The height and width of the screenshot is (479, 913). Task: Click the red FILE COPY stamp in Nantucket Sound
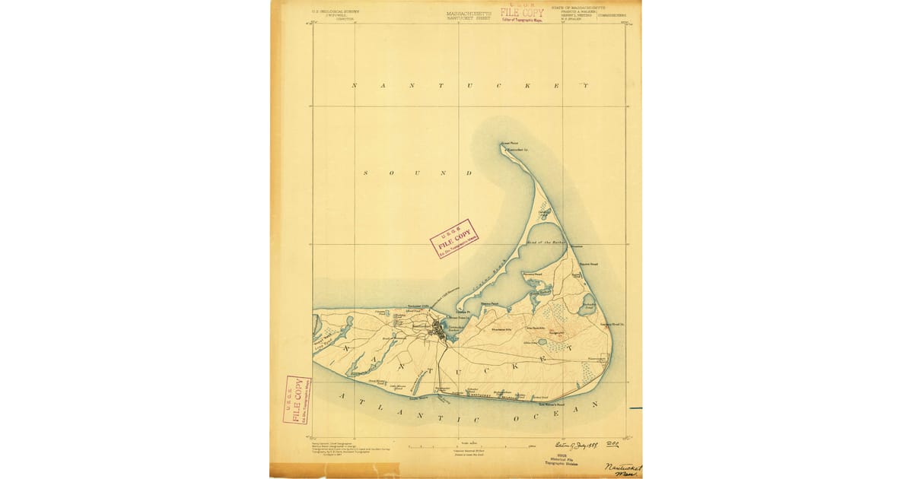[x=454, y=239]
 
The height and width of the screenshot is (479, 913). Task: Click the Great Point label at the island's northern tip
[x=508, y=144]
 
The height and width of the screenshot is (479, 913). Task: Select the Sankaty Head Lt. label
[x=611, y=325]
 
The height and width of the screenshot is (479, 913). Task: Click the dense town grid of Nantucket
[x=438, y=328]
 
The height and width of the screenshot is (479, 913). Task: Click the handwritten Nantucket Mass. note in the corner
[x=623, y=471]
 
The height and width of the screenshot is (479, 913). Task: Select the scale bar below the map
[x=472, y=446]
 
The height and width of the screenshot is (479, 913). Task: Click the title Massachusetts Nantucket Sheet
[x=468, y=14]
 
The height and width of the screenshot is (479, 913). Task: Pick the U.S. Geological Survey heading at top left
[x=336, y=13]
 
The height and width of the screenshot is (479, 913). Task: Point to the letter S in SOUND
[x=365, y=173]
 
